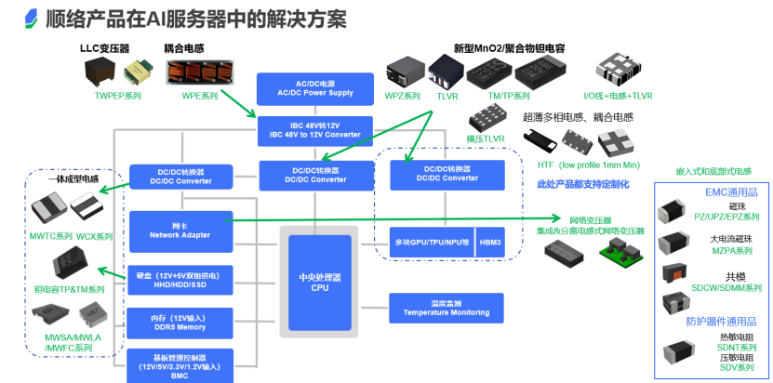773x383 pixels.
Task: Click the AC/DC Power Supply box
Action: pos(315,89)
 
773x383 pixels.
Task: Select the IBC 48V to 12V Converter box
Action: pos(315,129)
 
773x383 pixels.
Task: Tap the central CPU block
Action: pos(321,280)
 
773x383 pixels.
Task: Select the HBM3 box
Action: pos(490,242)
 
